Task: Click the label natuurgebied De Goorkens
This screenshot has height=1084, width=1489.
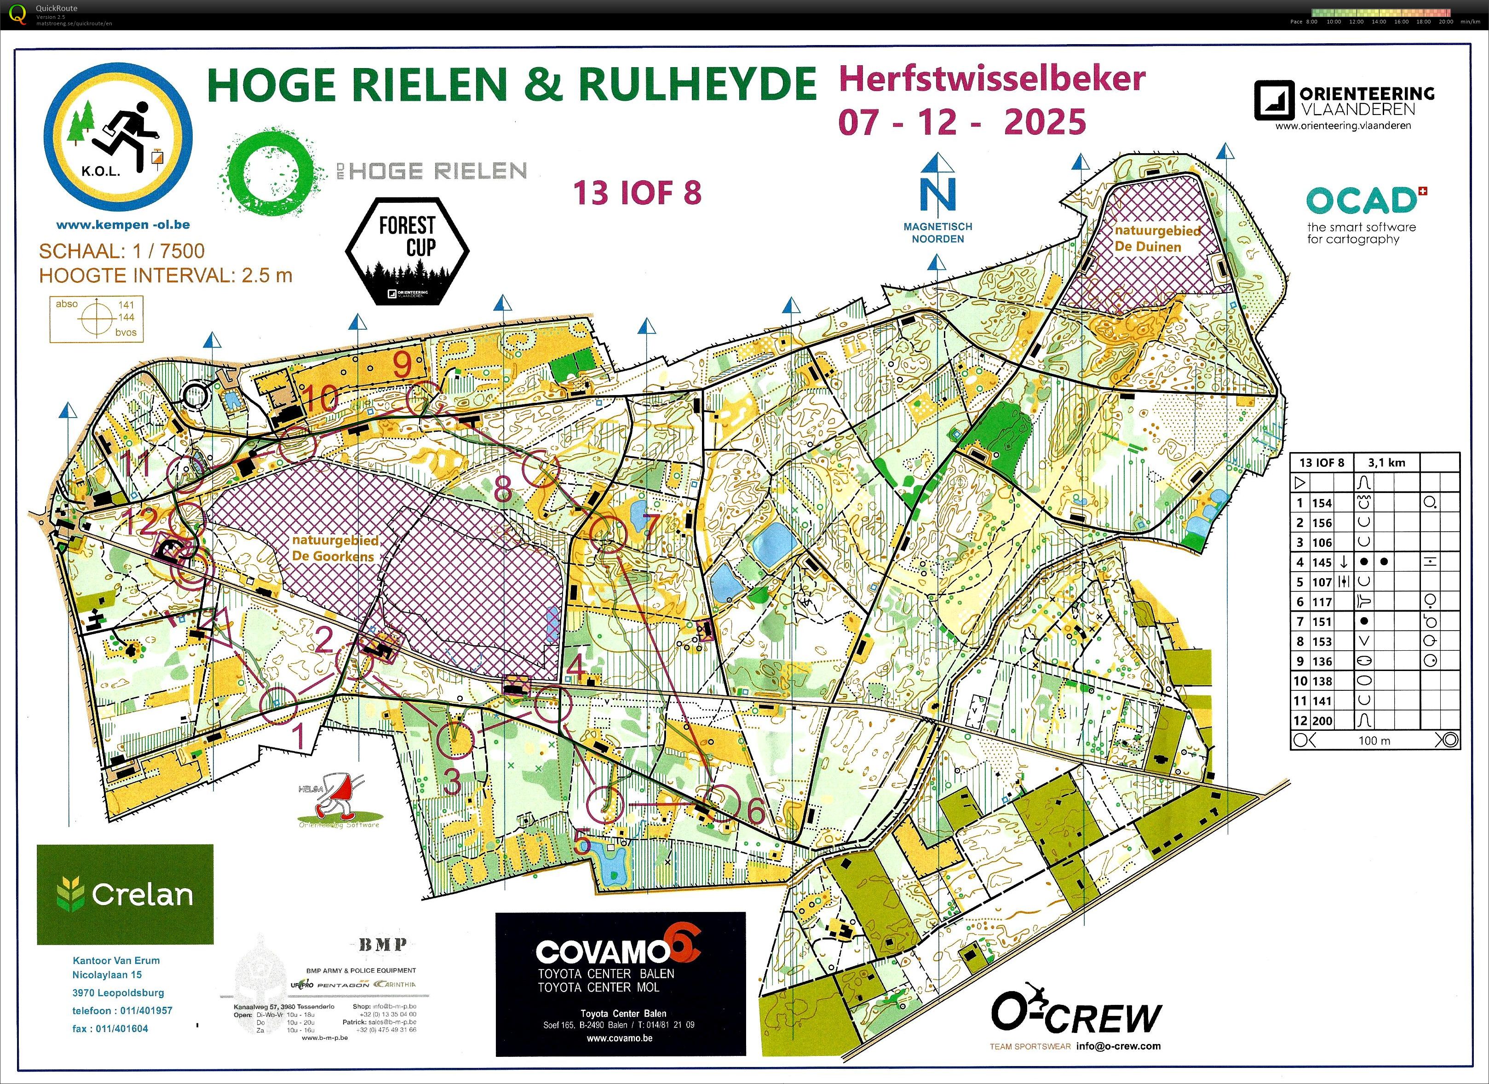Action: pyautogui.click(x=335, y=548)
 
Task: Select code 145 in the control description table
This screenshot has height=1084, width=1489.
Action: pyautogui.click(x=1322, y=562)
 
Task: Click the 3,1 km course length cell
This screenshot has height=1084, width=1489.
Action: pyautogui.click(x=1386, y=462)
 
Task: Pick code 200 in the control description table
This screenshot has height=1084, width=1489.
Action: pyautogui.click(x=1322, y=720)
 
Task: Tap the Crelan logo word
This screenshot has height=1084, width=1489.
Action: pyautogui.click(x=142, y=894)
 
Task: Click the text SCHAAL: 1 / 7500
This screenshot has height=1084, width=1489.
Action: pyautogui.click(x=121, y=251)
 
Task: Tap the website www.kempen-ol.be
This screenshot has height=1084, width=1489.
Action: pyautogui.click(x=123, y=224)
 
